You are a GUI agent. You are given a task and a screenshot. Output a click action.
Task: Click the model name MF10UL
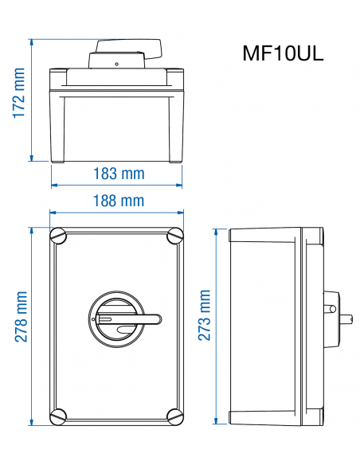pyautogui.click(x=283, y=55)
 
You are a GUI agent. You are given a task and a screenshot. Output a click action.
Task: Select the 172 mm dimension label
pyautogui.click(x=18, y=93)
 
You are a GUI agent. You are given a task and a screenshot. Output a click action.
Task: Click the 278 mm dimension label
pyautogui.click(x=20, y=316)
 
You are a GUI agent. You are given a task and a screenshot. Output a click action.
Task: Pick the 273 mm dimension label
pyautogui.click(x=205, y=316)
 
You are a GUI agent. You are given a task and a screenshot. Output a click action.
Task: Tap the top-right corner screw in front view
pyautogui.click(x=174, y=236)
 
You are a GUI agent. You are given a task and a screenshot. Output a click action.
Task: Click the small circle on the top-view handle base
pyautogui.click(x=116, y=64)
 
